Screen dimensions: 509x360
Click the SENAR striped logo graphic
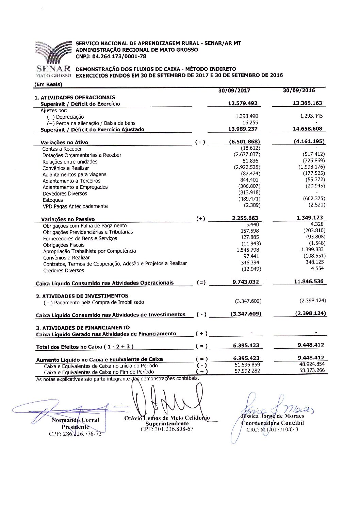pyautogui.click(x=53, y=52)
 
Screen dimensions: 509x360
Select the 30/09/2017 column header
pyautogui.click(x=234, y=91)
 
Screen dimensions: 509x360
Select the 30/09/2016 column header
pyautogui.click(x=299, y=90)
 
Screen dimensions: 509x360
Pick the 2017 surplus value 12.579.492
pyautogui.click(x=243, y=103)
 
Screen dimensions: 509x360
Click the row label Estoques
pyautogui.click(x=53, y=200)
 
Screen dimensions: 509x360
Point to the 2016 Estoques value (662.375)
pyautogui.click(x=314, y=199)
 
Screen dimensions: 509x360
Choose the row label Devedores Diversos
pyautogui.click(x=65, y=193)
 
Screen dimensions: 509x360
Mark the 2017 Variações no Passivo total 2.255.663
pyautogui.click(x=245, y=218)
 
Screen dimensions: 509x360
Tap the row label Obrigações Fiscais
pyautogui.click(x=64, y=245)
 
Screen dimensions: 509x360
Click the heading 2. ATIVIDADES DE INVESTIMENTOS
pyautogui.click(x=82, y=296)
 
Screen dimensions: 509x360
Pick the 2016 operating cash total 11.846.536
pyautogui.click(x=309, y=282)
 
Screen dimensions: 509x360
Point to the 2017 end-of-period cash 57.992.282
pyautogui.click(x=247, y=371)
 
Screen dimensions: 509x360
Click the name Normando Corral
pyautogui.click(x=75, y=420)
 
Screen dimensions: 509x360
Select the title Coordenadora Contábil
pyautogui.click(x=273, y=423)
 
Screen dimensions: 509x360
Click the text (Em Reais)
pyautogui.click(x=48, y=84)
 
